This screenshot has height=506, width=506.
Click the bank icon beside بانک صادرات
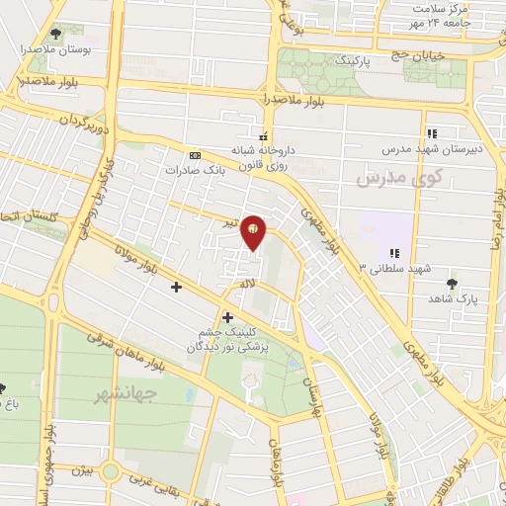[x=195, y=154]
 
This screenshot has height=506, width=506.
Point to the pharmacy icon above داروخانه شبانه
[x=263, y=135]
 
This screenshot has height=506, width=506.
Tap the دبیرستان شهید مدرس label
[x=431, y=150]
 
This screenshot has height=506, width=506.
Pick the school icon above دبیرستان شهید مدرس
[x=431, y=133]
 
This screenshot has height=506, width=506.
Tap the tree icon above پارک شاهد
[x=452, y=283]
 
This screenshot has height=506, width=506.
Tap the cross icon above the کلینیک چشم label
[x=229, y=317]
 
